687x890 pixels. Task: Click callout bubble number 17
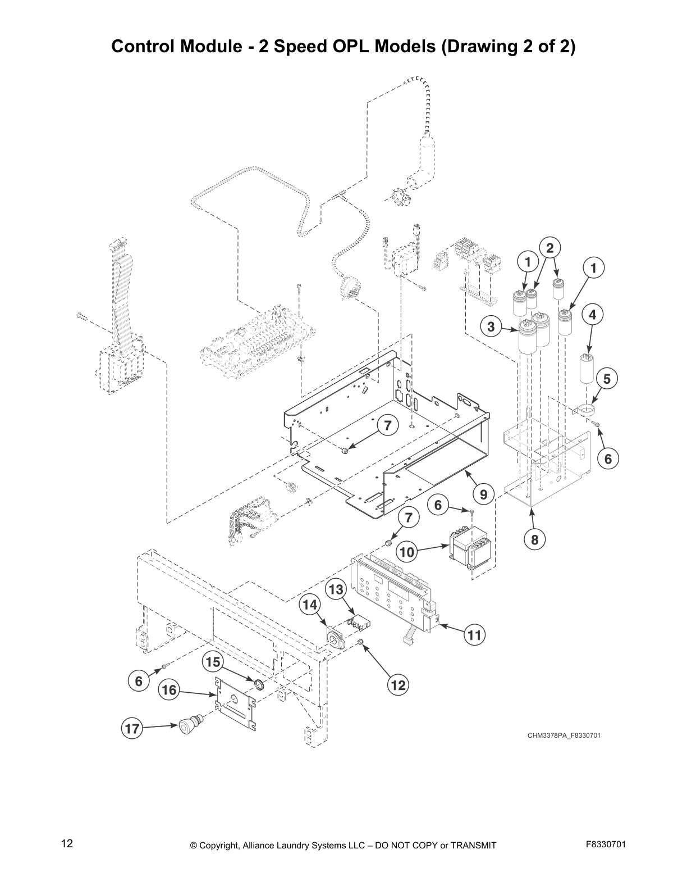tap(132, 730)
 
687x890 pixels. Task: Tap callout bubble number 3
tap(491, 326)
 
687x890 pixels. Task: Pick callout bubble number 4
tap(592, 315)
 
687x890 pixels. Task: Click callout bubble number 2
tap(549, 248)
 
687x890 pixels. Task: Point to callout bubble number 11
tap(475, 635)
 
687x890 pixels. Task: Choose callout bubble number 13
tap(336, 589)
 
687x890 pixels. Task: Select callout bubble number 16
tap(169, 690)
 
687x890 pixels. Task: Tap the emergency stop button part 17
tap(189, 725)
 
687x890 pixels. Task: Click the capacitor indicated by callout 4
tap(587, 368)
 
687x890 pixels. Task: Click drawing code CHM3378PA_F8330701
tap(564, 735)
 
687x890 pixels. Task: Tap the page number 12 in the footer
tap(67, 843)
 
